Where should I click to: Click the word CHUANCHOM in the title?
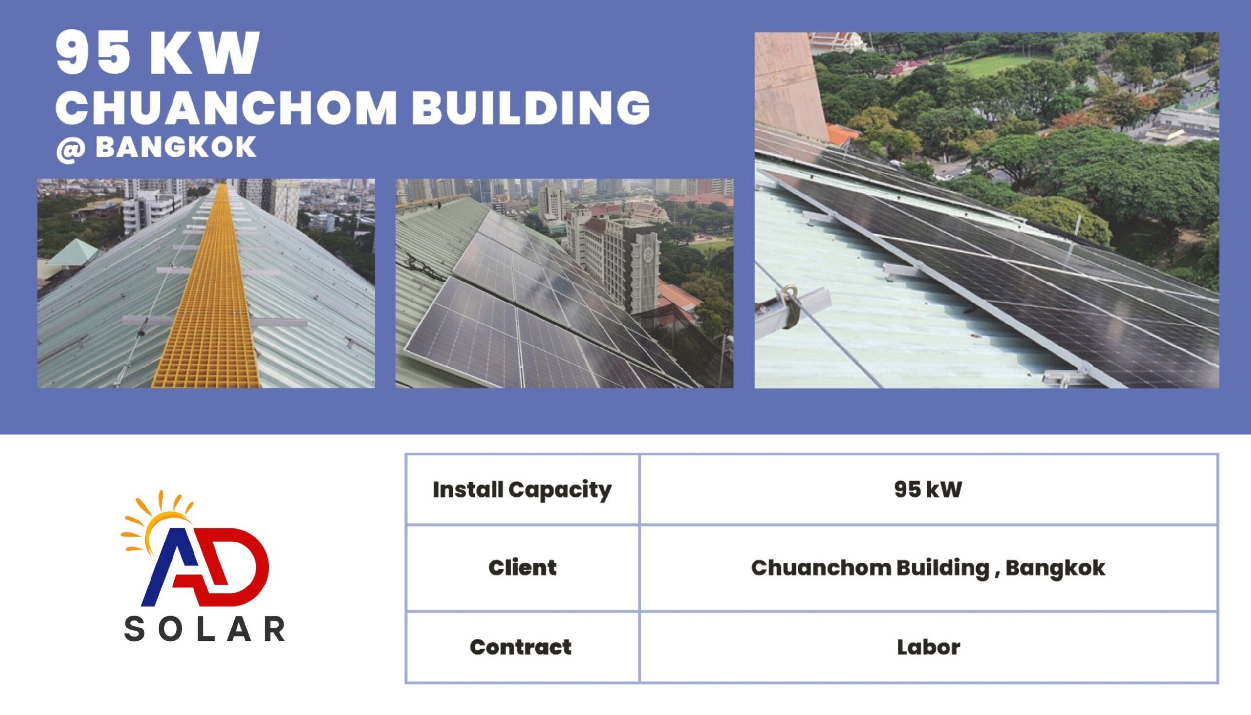[x=226, y=108]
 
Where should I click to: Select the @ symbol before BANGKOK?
[x=70, y=149]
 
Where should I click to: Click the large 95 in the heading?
[x=96, y=53]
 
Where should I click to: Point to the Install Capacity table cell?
[x=522, y=490]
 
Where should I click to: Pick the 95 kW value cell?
[x=928, y=490]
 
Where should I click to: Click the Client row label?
[x=522, y=568]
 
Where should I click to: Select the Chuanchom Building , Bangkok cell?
[x=928, y=568]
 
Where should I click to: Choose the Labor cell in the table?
[x=928, y=647]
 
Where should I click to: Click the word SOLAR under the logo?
[x=205, y=629]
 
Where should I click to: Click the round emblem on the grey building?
[x=648, y=255]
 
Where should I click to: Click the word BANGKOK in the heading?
[x=176, y=147]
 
